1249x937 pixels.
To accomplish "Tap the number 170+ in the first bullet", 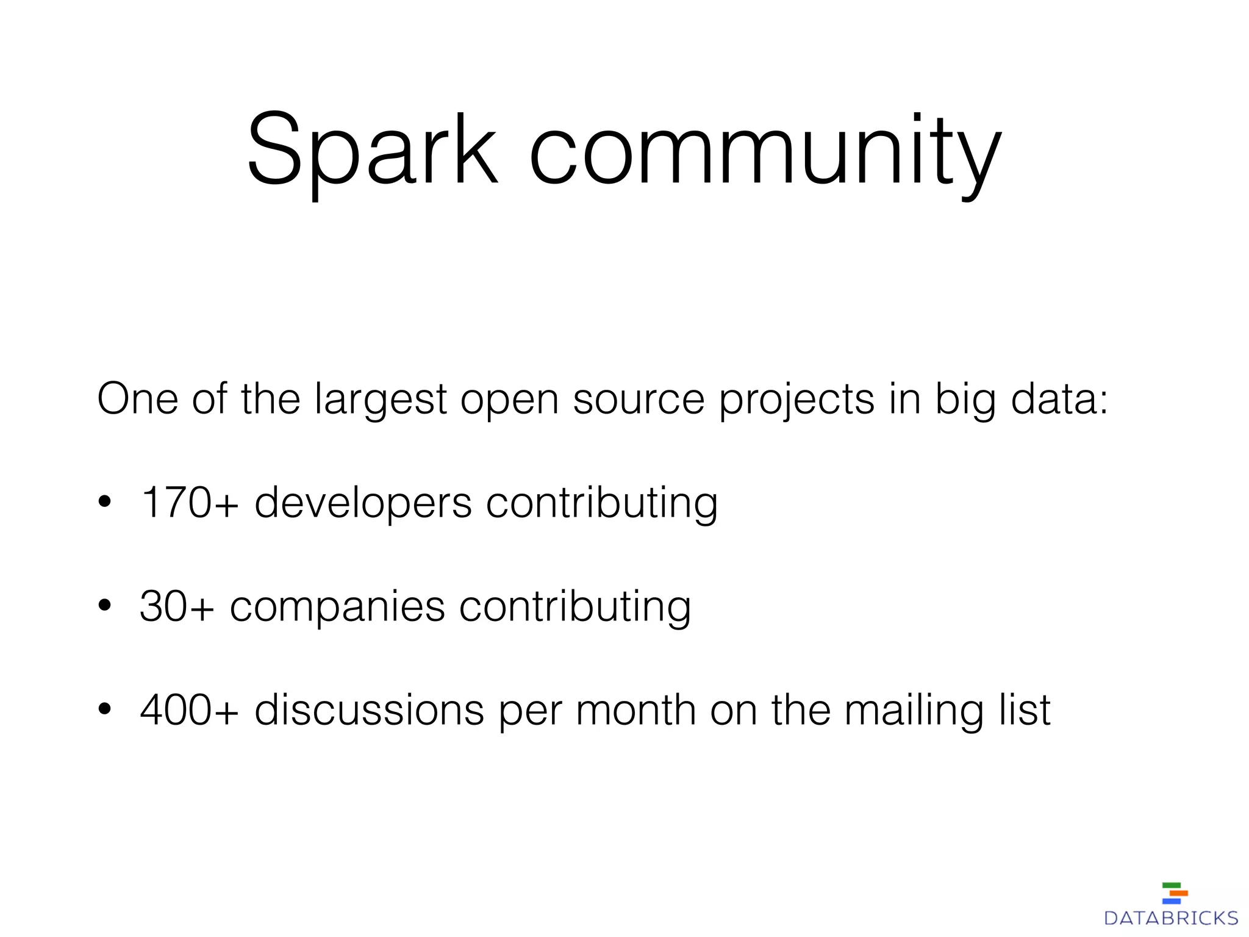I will pyautogui.click(x=189, y=503).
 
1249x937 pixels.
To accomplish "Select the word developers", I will pyautogui.click(x=363, y=504).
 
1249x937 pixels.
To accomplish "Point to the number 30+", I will pyautogui.click(x=177, y=606).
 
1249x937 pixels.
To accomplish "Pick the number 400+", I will pyautogui.click(x=189, y=710).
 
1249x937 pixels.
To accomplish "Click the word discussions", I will pyautogui.click(x=369, y=710).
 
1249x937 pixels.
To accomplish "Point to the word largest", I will pyautogui.click(x=381, y=400).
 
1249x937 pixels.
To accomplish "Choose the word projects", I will pyautogui.click(x=796, y=400).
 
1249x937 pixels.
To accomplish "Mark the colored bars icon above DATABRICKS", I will pyautogui.click(x=1175, y=892).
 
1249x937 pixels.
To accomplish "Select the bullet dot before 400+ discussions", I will pyautogui.click(x=105, y=709).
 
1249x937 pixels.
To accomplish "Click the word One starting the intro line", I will pyautogui.click(x=137, y=399).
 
